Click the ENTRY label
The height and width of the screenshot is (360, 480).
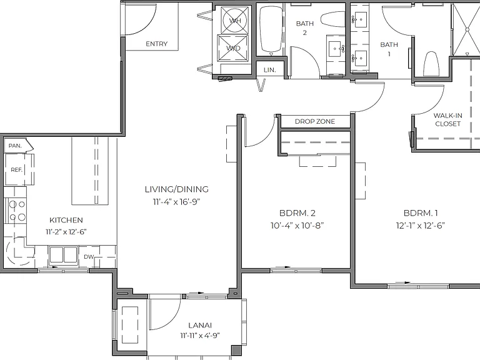point(156,44)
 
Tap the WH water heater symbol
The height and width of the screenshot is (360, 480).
point(235,20)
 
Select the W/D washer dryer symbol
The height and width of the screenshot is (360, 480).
point(233,48)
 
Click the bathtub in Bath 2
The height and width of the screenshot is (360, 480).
point(271,30)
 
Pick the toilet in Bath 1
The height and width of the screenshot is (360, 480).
point(431,64)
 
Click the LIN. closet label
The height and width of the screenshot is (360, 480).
point(270,70)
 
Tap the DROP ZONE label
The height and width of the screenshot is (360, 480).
point(315,121)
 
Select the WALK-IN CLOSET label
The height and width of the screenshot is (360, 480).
point(448,120)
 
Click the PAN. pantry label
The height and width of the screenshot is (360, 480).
point(15,146)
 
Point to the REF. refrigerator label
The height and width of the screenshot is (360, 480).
point(17,169)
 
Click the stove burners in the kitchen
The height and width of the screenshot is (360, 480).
point(17,210)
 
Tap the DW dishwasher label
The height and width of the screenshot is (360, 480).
point(89,257)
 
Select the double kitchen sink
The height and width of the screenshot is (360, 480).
point(63,255)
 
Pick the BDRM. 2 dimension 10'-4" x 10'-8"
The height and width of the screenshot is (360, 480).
point(297,226)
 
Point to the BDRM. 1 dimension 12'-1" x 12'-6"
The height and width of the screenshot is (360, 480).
point(420,226)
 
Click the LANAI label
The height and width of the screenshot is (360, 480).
point(200,325)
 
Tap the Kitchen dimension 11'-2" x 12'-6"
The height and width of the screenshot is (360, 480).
point(66,232)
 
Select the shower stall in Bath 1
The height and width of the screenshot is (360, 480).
point(466,29)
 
